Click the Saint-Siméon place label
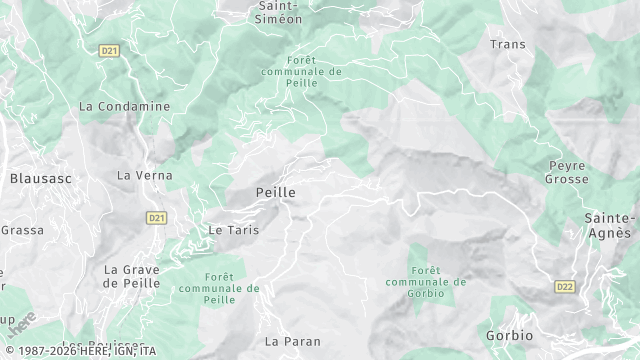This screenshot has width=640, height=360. (x=280, y=11)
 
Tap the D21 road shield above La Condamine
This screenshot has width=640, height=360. (x=109, y=49)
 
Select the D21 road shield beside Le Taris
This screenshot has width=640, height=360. (x=156, y=217)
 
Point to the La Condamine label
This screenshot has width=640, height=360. (x=125, y=106)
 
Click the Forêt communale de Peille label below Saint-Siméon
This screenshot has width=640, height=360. (x=300, y=71)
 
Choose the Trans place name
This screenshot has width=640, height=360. (x=507, y=44)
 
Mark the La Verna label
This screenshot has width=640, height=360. (x=145, y=175)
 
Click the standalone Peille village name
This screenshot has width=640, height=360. (x=275, y=191)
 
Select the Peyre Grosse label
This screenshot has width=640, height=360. (x=567, y=172)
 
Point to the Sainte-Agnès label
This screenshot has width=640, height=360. (x=610, y=225)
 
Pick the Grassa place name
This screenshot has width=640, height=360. (x=21, y=230)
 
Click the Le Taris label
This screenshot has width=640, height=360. (x=233, y=230)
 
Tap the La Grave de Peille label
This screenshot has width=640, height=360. (x=138, y=276)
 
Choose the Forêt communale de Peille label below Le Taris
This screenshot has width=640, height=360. (x=219, y=288)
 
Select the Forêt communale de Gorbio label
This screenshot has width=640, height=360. (x=426, y=273)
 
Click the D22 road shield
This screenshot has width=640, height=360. (x=565, y=286)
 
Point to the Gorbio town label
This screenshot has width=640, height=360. (x=509, y=335)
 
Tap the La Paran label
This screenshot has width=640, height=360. (x=293, y=341)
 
